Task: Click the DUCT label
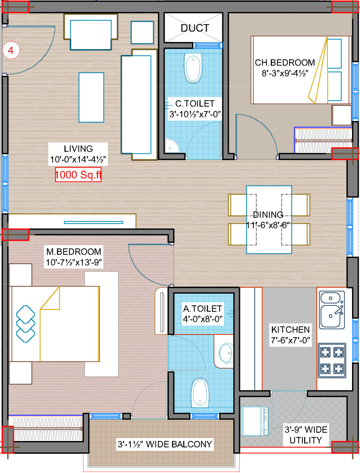click(x=194, y=28)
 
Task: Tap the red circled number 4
click(x=11, y=50)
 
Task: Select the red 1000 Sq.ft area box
click(x=78, y=175)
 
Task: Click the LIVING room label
click(x=78, y=149)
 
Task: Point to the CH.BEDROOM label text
click(x=285, y=63)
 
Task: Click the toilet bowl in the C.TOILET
click(x=193, y=68)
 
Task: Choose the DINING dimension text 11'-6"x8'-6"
click(x=268, y=225)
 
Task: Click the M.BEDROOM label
click(x=74, y=252)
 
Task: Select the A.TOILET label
click(x=202, y=309)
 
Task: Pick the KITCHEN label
click(x=290, y=330)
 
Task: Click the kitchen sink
click(x=332, y=309)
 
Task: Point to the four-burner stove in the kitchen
click(x=332, y=360)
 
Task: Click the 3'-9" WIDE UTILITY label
click(x=306, y=435)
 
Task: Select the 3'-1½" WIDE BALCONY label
click(x=165, y=444)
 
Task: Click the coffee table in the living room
click(x=91, y=97)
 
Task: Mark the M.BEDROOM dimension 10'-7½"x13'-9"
click(x=74, y=262)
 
